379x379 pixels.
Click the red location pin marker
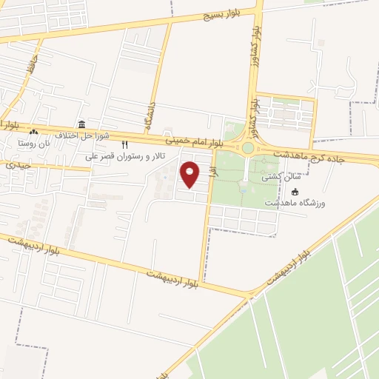pos(190,174)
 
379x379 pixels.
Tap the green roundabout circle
pos(247,148)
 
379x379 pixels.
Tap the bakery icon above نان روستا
pos(34,132)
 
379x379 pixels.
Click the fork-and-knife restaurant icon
pos(124,145)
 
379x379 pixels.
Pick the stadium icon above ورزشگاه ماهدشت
pos(295,192)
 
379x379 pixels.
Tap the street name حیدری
pos(17,164)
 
